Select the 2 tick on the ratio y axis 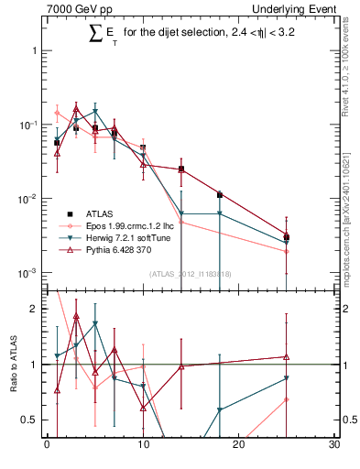[x=35, y=310]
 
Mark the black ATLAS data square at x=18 [x=219, y=194]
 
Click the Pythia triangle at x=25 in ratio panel [x=287, y=356]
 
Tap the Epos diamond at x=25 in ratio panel [x=287, y=399]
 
